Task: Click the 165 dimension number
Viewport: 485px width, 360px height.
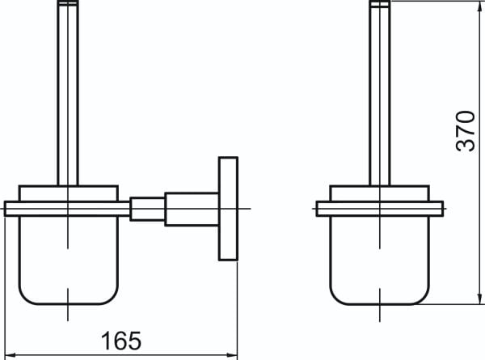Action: [121, 341]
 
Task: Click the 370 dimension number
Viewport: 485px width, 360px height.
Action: [466, 131]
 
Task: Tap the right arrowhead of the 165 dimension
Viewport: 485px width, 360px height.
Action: [232, 354]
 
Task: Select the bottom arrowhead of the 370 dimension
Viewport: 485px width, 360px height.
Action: [481, 299]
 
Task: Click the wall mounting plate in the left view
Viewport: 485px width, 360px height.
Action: [228, 209]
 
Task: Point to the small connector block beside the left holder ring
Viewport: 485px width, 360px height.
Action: [147, 209]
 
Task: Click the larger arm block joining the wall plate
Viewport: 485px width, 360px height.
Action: [192, 210]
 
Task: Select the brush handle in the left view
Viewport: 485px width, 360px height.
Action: [68, 93]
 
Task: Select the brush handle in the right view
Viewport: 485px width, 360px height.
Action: [380, 93]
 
